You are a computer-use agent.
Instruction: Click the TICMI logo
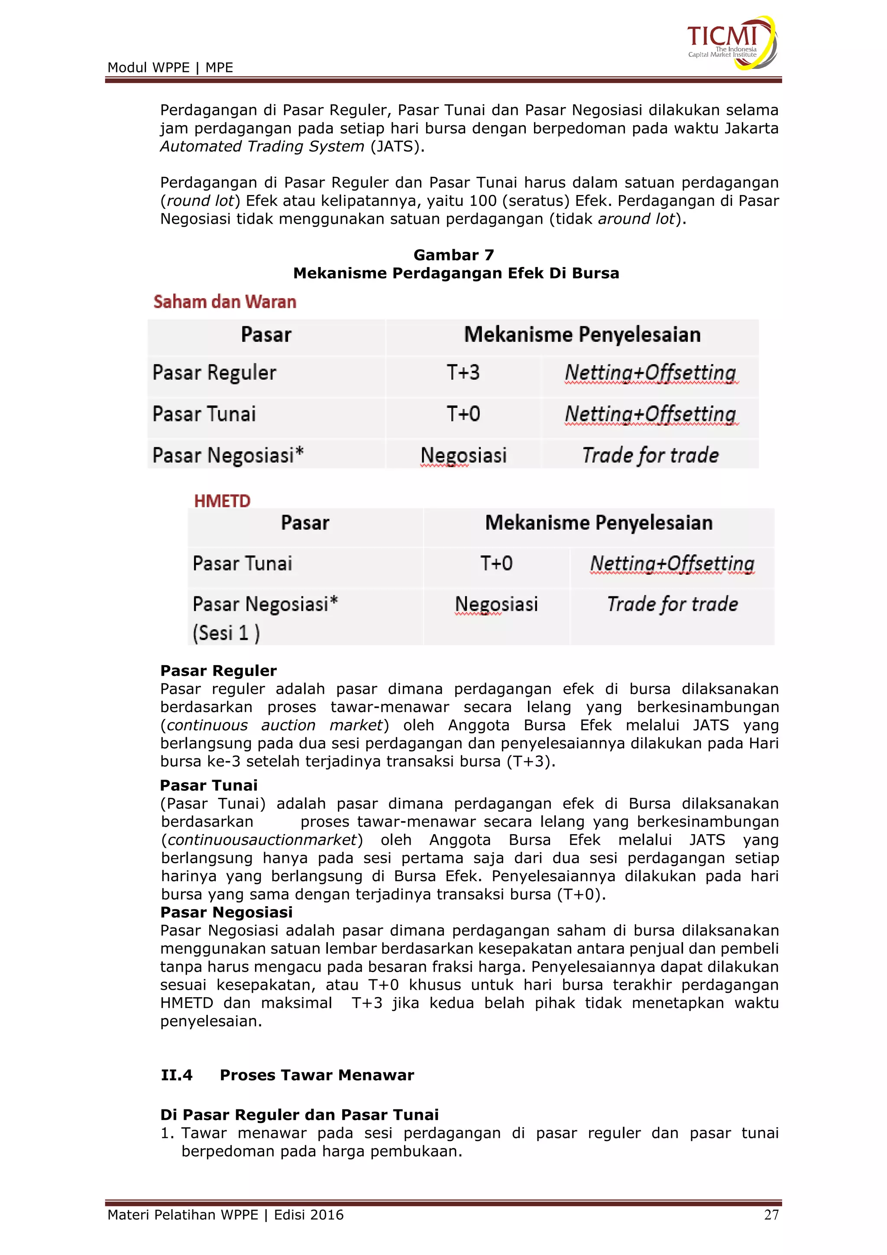(731, 42)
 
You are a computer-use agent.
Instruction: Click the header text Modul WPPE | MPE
(170, 68)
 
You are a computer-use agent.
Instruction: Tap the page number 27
(770, 1215)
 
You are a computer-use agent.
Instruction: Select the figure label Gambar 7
(453, 255)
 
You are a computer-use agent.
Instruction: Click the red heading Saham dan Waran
(224, 302)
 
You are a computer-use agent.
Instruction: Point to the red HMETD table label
(222, 501)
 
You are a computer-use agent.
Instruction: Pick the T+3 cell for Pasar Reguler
(463, 373)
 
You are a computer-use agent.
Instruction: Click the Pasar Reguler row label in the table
(214, 373)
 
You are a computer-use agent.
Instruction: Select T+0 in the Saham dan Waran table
(463, 414)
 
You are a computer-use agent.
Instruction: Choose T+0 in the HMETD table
(496, 563)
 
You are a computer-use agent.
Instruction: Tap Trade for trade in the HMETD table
(672, 604)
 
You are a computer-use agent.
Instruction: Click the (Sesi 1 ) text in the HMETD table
(226, 633)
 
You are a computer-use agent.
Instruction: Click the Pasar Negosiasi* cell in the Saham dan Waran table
(228, 455)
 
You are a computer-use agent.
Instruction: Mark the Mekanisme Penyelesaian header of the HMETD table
(599, 523)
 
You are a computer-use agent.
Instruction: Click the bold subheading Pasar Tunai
(209, 786)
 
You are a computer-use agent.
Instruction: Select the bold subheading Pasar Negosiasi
(226, 912)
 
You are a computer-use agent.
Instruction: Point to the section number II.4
(176, 1075)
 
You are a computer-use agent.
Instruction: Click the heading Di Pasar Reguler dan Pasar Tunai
(299, 1115)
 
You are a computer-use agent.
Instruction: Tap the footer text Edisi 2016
(309, 1215)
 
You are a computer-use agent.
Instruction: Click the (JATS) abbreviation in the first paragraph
(397, 146)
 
